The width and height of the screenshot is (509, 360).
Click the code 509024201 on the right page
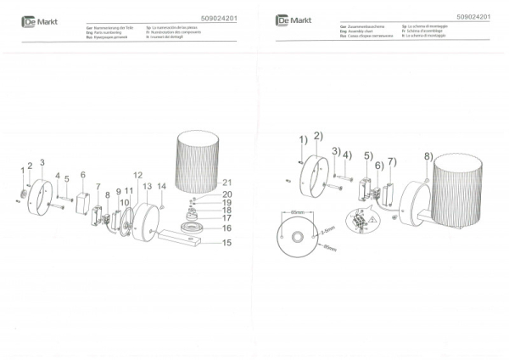[x=473, y=16]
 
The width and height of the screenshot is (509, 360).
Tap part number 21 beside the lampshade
[x=227, y=183]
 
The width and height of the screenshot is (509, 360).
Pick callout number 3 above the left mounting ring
[x=42, y=160]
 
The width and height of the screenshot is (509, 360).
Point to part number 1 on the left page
[x=23, y=171]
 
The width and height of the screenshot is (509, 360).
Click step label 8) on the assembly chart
[x=428, y=155]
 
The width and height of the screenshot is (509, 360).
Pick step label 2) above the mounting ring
[x=317, y=136]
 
